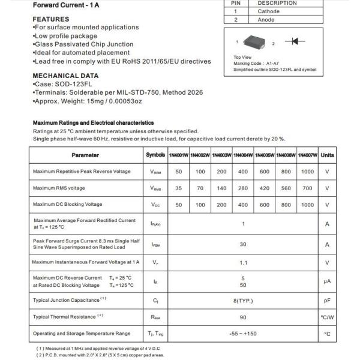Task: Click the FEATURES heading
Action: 51,19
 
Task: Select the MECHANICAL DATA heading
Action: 65,76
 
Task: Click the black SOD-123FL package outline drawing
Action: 256,42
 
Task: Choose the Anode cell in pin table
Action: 266,20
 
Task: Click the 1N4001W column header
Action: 178,155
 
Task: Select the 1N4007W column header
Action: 307,155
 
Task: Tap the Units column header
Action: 328,155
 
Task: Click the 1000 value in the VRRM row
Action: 307,172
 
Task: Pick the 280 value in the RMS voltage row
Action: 243,188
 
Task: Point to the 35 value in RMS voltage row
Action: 178,188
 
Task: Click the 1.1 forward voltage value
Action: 243,263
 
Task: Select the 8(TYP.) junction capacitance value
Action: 243,300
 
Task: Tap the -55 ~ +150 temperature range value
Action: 243,334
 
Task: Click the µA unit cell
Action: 328,281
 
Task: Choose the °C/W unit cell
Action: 328,317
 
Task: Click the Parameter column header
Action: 85,155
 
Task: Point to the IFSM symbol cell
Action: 155,245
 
